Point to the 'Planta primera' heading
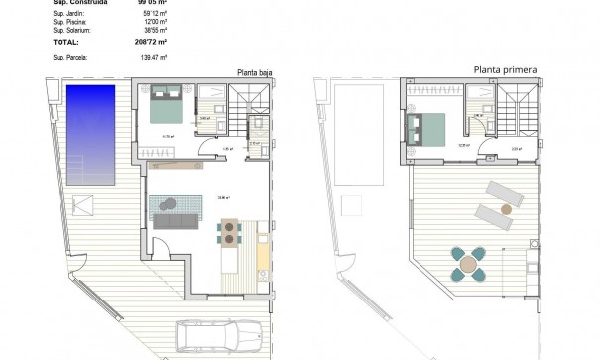tap(506, 69)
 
